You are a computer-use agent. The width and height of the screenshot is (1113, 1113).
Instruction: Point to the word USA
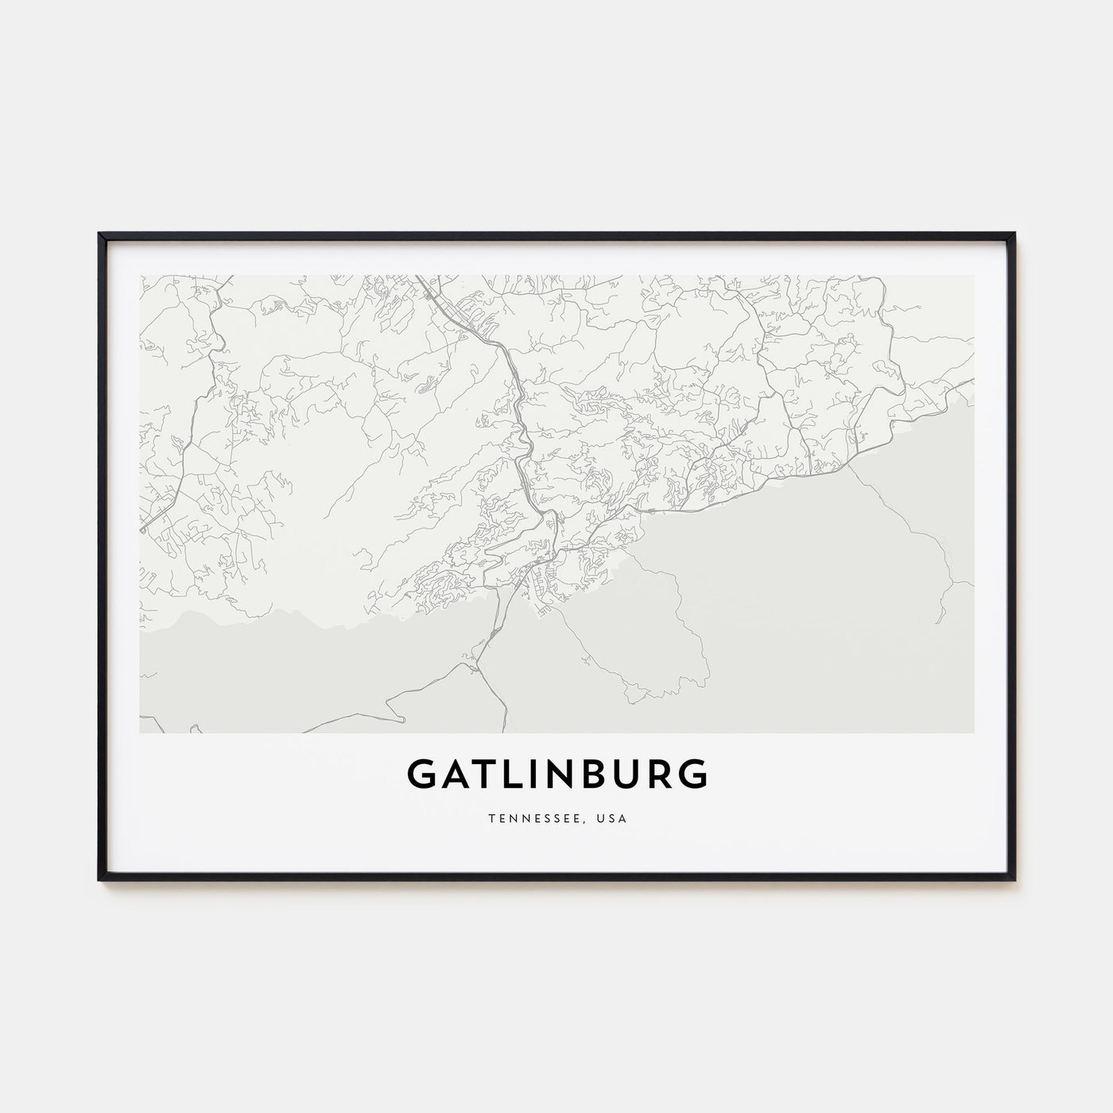[x=613, y=818]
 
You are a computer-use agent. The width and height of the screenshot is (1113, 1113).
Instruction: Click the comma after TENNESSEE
[x=593, y=821]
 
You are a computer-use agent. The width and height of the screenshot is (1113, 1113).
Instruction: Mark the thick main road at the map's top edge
[x=420, y=280]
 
